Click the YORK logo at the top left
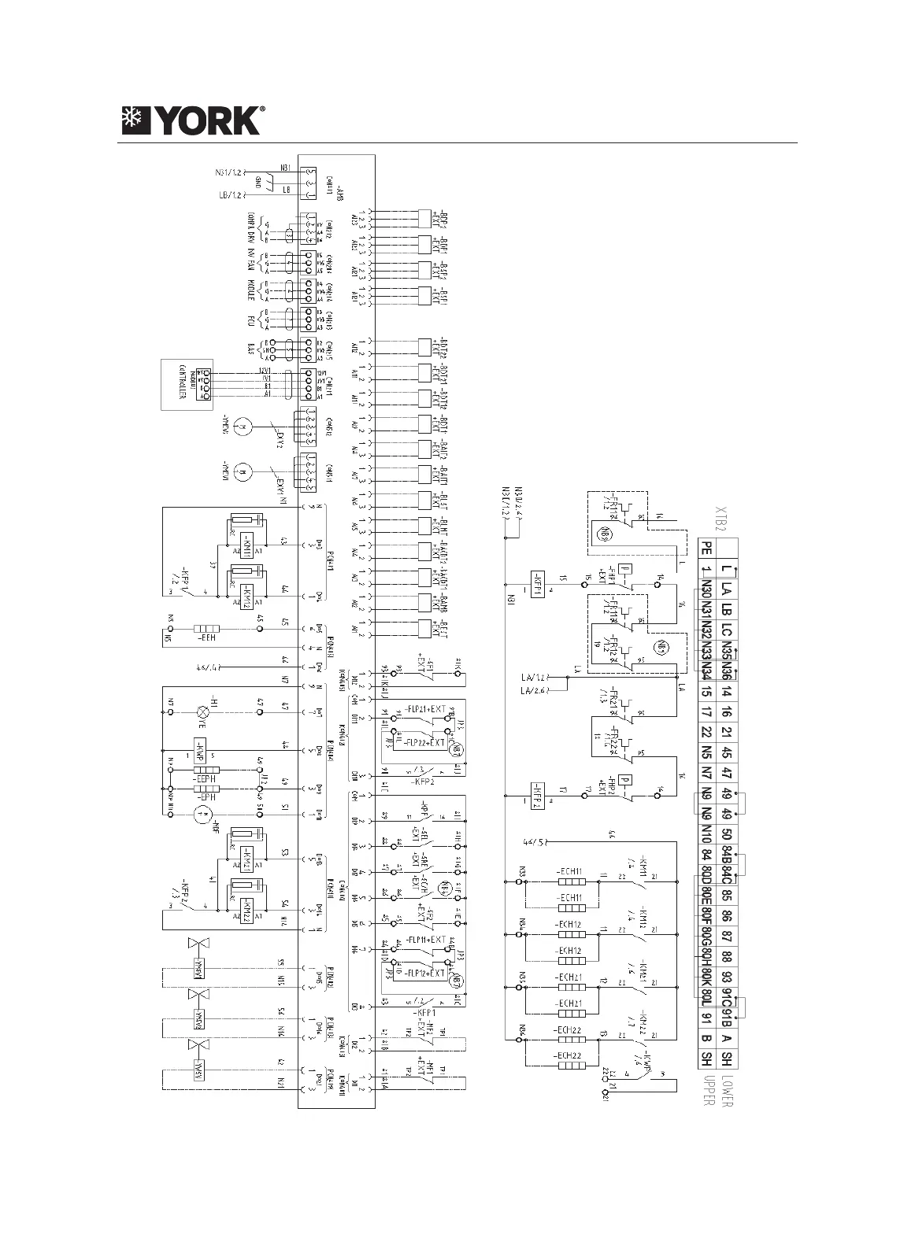point(192,120)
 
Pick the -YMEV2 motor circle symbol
point(244,426)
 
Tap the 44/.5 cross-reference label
point(535,841)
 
